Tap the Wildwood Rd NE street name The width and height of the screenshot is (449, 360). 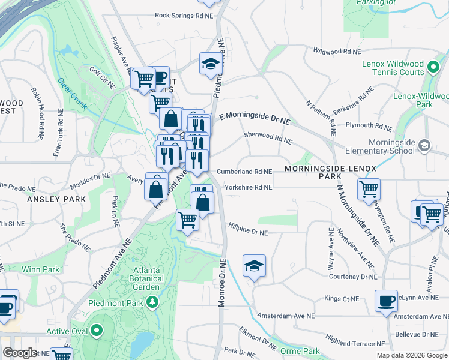tap(333, 52)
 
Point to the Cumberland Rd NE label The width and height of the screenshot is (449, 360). tap(244, 171)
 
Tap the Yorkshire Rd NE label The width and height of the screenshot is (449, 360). tap(249, 187)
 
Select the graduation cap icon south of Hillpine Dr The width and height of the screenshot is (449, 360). tap(254, 265)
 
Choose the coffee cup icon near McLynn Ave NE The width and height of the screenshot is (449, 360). tap(386, 300)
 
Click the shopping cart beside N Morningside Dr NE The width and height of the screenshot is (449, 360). tap(369, 189)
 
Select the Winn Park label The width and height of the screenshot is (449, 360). tap(41, 269)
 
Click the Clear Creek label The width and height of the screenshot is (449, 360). tap(72, 95)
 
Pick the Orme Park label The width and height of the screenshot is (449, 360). tap(302, 351)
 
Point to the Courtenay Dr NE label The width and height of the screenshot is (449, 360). tap(354, 277)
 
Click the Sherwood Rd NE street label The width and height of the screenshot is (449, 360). tap(268, 138)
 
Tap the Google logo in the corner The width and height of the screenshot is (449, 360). tap(20, 353)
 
